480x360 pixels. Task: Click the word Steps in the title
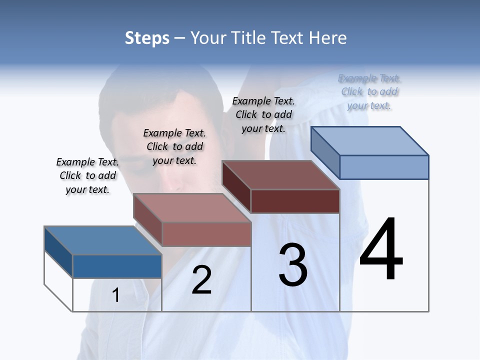pos(147,38)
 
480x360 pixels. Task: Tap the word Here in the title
pos(328,38)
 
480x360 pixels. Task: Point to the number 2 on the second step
pos(201,280)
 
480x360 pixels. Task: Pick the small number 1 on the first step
pos(115,295)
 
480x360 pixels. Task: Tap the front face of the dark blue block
pos(117,266)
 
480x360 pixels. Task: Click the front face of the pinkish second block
pos(206,234)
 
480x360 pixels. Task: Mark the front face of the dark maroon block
pos(295,201)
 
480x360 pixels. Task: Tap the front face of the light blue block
pos(384,167)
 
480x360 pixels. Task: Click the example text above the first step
pos(87,175)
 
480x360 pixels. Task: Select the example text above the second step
pos(174,146)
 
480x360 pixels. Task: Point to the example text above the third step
pos(263,114)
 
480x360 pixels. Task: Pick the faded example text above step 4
pos(369,91)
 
